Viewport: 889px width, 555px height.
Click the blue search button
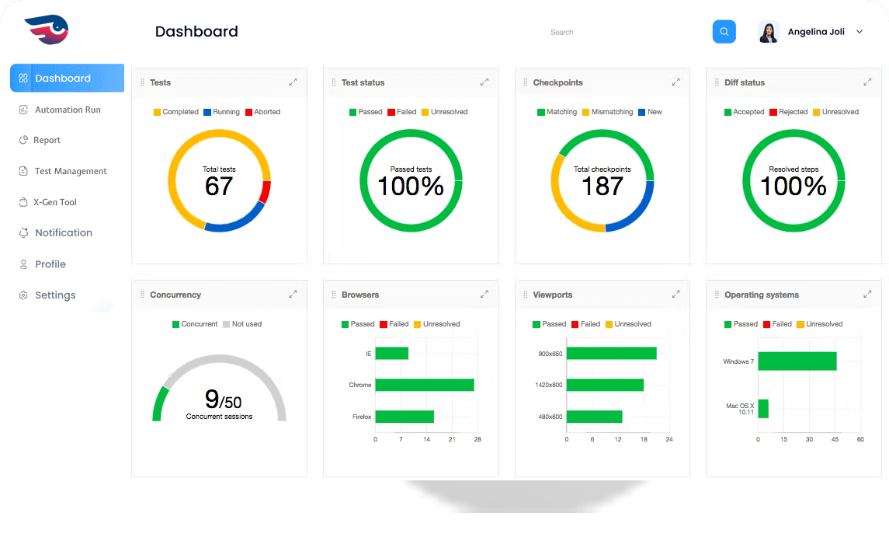point(724,32)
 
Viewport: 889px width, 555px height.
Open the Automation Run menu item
point(68,110)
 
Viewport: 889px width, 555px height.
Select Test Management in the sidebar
point(71,171)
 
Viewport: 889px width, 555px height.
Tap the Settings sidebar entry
point(55,295)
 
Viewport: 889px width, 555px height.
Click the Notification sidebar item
point(63,233)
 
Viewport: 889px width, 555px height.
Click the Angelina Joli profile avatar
point(769,32)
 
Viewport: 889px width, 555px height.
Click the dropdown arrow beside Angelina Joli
point(859,32)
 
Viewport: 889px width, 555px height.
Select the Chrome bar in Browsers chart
point(424,385)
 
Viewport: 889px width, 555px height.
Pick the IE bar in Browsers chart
point(391,354)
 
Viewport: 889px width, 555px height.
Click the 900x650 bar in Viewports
point(611,354)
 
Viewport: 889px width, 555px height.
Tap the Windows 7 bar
point(797,361)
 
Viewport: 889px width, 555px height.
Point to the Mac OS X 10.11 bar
point(763,409)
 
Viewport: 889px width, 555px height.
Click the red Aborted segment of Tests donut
point(266,191)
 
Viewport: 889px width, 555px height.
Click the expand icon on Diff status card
point(867,82)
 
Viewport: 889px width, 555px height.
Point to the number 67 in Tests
point(219,187)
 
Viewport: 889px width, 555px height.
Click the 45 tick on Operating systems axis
point(835,440)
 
